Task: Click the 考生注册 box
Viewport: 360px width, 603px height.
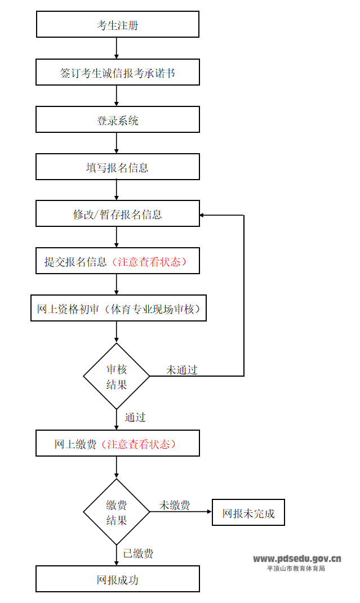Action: click(117, 25)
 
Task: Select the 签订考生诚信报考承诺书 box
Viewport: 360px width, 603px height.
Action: click(117, 73)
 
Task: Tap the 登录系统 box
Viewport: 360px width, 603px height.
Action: click(117, 120)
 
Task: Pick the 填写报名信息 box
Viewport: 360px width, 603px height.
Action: click(117, 167)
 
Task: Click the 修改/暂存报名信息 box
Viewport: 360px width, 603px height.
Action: click(117, 214)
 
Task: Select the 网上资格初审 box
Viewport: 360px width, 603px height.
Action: click(118, 309)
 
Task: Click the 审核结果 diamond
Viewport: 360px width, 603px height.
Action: click(117, 376)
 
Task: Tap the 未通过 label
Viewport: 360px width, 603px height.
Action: click(181, 370)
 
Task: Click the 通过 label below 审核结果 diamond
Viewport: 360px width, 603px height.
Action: click(135, 417)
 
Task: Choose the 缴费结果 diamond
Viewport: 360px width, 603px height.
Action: click(117, 512)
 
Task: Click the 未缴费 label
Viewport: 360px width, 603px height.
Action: click(174, 505)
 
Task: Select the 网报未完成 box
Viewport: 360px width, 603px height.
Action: click(248, 512)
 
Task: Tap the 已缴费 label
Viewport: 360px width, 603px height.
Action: click(138, 553)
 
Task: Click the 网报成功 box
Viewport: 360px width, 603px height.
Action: click(117, 579)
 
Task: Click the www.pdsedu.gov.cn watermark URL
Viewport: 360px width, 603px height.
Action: click(297, 559)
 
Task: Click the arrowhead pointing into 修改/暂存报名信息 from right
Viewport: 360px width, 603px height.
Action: click(203, 215)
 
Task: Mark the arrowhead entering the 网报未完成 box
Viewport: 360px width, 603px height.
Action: click(209, 512)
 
